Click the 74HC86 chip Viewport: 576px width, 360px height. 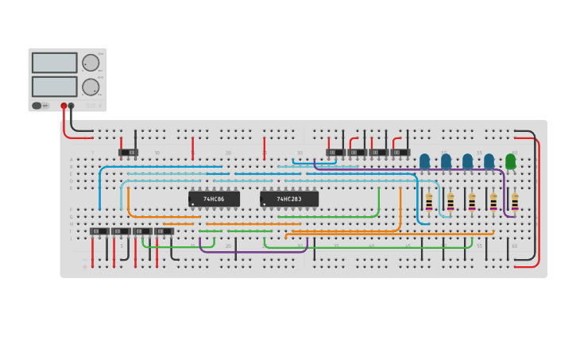coord(214,199)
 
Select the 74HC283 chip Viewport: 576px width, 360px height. coord(289,199)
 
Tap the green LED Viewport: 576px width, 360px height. coord(510,161)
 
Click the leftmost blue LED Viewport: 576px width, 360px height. coord(424,161)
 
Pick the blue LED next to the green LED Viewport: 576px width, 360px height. coord(489,161)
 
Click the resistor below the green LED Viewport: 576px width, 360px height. coord(514,203)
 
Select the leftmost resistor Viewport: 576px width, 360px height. coord(429,203)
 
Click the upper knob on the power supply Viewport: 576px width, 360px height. coord(91,63)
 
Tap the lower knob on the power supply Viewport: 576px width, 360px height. coord(91,87)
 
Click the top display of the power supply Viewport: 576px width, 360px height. coord(55,63)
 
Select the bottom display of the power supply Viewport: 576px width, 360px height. coord(55,87)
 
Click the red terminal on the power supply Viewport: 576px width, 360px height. coord(64,106)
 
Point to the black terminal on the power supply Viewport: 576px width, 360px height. coord(71,106)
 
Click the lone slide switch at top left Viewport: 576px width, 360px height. coord(128,152)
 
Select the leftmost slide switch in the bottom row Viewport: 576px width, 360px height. coord(99,231)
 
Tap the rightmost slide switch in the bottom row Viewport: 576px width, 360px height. coord(164,231)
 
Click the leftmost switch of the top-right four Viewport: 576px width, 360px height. coord(335,152)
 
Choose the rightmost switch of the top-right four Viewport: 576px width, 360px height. coord(400,152)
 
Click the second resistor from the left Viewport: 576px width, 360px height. coord(450,203)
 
